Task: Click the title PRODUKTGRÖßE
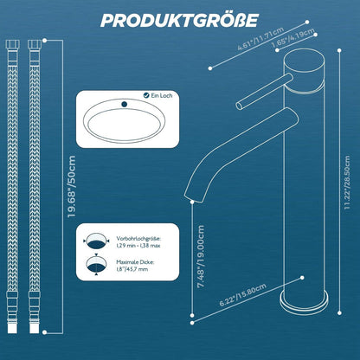pyautogui.click(x=179, y=21)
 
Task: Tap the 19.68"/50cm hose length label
pyautogui.click(x=71, y=187)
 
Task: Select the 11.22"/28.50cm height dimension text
pyautogui.click(x=347, y=183)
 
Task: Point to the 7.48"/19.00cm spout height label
pyautogui.click(x=200, y=257)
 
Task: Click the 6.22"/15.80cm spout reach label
pyautogui.click(x=242, y=295)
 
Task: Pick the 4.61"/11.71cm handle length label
pyautogui.click(x=260, y=39)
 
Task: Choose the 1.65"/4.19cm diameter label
pyautogui.click(x=292, y=39)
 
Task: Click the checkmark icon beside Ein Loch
pyautogui.click(x=146, y=95)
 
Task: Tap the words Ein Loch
pyautogui.click(x=162, y=95)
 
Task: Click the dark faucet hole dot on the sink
pyautogui.click(x=125, y=104)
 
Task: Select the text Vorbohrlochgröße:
pyautogui.click(x=138, y=239)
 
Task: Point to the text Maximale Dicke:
pyautogui.click(x=135, y=262)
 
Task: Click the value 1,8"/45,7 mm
pyautogui.click(x=132, y=269)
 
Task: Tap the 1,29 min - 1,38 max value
pyautogui.click(x=138, y=246)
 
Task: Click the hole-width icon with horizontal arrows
pyautogui.click(x=96, y=241)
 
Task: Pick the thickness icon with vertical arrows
pyautogui.click(x=96, y=264)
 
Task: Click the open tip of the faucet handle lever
pyautogui.click(x=239, y=106)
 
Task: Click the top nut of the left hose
pyautogui.click(x=13, y=44)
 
